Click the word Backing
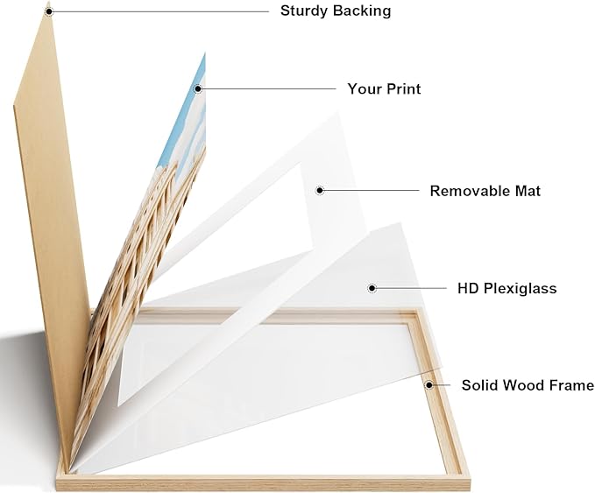tap(362, 11)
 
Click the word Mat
tap(528, 191)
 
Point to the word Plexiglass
tap(521, 289)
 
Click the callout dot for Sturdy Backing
tap(48, 11)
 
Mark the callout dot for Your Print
tap(198, 88)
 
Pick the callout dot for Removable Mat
tap(320, 190)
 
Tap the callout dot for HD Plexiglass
tap(372, 288)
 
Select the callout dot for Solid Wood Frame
tap(429, 385)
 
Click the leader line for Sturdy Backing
tap(160, 11)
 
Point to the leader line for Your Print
tap(269, 88)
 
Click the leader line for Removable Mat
tap(372, 190)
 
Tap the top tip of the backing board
tap(48, 3)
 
